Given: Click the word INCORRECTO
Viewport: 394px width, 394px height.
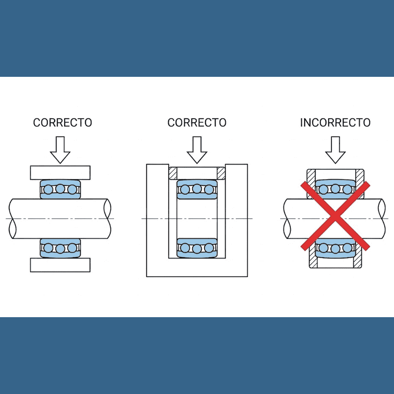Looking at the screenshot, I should pyautogui.click(x=335, y=123).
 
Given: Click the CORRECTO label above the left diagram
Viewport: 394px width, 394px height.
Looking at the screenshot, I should pyautogui.click(x=62, y=123).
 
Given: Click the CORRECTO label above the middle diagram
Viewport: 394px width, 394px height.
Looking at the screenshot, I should pyautogui.click(x=197, y=123).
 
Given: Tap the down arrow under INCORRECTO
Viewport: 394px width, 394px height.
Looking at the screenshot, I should pyautogui.click(x=335, y=149).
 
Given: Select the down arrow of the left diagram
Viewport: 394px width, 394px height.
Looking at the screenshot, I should pyautogui.click(x=60, y=149).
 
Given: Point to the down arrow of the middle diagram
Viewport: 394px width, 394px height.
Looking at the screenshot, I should pyautogui.click(x=197, y=149).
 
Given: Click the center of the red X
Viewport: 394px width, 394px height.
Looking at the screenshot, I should pyautogui.click(x=335, y=216).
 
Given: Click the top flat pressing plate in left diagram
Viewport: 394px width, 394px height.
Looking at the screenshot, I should pyautogui.click(x=60, y=172).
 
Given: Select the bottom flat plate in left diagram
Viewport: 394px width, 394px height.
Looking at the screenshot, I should pyautogui.click(x=60, y=264).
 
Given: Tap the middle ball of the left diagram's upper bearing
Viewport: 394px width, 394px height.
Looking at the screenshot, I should pyautogui.click(x=60, y=190).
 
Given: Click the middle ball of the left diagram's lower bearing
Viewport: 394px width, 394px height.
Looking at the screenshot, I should pyautogui.click(x=60, y=248).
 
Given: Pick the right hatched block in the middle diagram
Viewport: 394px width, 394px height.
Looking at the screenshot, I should pyautogui.click(x=221, y=173).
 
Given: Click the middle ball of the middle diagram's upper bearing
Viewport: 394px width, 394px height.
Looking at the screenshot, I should pyautogui.click(x=197, y=190).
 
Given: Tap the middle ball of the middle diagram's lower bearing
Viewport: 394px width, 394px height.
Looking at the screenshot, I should pyautogui.click(x=197, y=248).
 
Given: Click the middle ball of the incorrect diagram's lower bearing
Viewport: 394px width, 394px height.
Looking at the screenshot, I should pyautogui.click(x=335, y=248).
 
